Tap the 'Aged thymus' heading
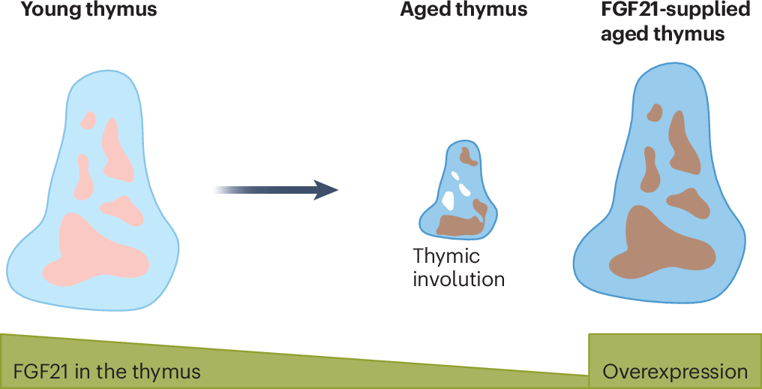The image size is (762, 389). tap(463, 11)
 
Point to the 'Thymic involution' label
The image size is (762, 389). tap(458, 267)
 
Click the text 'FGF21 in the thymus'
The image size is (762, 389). tap(107, 372)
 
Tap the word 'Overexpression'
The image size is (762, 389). tap(675, 372)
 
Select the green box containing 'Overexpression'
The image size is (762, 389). tap(675, 361)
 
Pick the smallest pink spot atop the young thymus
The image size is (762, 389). tap(88, 119)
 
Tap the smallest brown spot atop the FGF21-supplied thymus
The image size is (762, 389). tap(655, 113)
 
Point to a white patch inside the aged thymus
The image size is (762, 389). tap(451, 199)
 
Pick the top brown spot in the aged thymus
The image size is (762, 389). tap(469, 156)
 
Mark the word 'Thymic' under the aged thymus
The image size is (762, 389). tap(447, 256)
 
